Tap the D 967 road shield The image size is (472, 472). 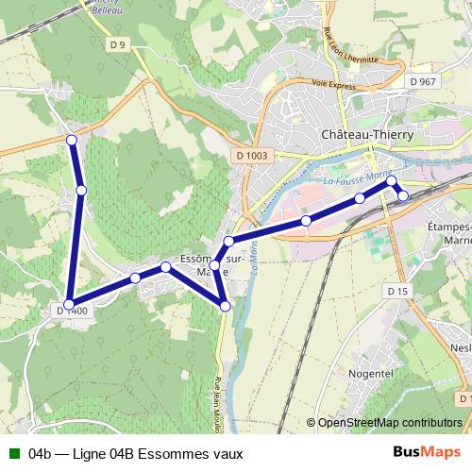(x=424, y=83)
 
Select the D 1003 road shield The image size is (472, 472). (x=249, y=156)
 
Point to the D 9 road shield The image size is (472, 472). (x=117, y=44)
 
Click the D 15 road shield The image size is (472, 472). (x=396, y=292)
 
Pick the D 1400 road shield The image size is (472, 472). (x=73, y=311)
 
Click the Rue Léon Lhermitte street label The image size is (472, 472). (x=332, y=48)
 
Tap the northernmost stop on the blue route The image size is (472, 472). (x=72, y=141)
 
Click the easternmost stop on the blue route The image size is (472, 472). (x=403, y=195)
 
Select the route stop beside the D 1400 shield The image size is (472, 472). (x=68, y=303)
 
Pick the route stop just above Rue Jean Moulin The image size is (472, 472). (x=225, y=305)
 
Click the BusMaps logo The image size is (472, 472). (x=427, y=453)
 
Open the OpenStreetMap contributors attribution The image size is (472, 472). (x=390, y=423)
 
